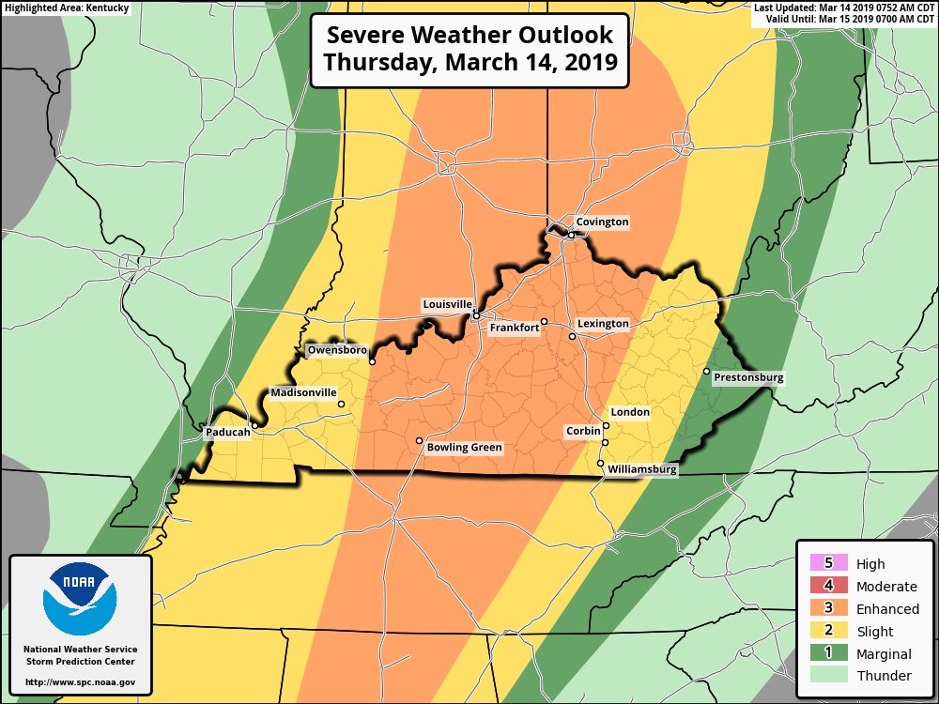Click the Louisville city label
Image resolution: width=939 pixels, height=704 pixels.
[x=447, y=305]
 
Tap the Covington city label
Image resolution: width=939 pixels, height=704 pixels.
[x=602, y=222]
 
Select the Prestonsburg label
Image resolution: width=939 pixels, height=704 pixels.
[x=748, y=378]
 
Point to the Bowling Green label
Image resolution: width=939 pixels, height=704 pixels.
[x=464, y=448]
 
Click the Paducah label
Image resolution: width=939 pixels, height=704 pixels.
[x=227, y=434]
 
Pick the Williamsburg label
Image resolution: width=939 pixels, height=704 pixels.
[x=641, y=468]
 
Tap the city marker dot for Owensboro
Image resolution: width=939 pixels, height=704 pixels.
[x=372, y=361]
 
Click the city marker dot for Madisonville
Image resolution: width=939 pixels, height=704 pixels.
[x=341, y=405]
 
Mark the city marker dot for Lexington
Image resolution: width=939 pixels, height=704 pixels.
[x=572, y=335]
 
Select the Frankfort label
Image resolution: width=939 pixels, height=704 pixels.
[x=515, y=328]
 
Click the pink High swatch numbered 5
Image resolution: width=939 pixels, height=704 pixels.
[x=828, y=564]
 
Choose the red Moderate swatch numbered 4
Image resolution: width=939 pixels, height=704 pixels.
[x=828, y=587]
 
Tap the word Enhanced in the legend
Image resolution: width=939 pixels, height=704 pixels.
[x=886, y=609]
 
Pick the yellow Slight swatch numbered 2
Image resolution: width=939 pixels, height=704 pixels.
[x=828, y=632]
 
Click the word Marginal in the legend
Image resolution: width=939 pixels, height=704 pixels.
[x=884, y=654]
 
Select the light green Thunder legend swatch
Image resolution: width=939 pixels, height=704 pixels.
[x=828, y=676]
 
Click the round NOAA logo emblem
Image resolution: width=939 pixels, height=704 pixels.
[x=80, y=598]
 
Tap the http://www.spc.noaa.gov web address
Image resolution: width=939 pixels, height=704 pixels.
[x=80, y=682]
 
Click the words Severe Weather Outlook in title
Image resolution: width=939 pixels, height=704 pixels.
[x=469, y=36]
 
